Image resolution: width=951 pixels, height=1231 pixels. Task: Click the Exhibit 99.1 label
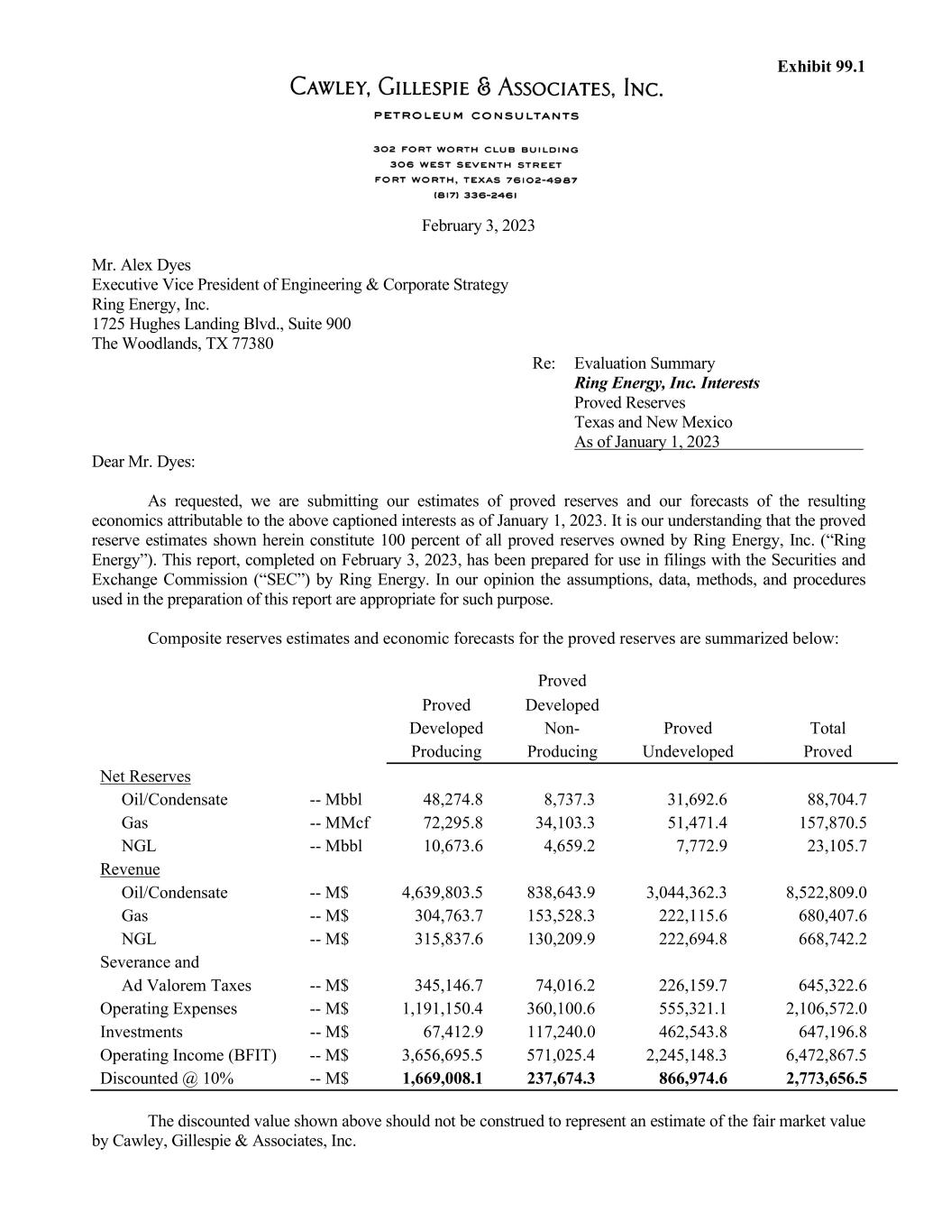coord(820,67)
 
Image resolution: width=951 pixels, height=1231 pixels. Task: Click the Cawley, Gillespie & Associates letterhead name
coord(476,88)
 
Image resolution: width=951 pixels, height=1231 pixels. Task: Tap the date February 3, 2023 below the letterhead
coord(478,225)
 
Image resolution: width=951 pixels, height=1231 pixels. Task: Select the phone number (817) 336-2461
coord(476,194)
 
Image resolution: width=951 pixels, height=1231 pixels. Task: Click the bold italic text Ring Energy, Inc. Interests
coord(666,383)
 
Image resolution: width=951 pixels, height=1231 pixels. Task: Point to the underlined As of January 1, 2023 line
coord(646,442)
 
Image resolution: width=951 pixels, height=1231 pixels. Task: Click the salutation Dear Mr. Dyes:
coord(143,462)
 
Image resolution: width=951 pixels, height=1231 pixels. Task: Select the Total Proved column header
coord(828,740)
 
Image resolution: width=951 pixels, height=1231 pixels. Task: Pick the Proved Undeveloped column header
coord(687,740)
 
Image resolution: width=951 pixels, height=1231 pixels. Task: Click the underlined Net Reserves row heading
coord(145,776)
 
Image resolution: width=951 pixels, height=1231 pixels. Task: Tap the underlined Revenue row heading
coord(130,869)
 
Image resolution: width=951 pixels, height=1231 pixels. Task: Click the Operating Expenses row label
coord(168,1008)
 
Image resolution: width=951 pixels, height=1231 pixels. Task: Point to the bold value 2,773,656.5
coord(826,1079)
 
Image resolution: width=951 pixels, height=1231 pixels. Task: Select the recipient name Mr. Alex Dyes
coord(142,265)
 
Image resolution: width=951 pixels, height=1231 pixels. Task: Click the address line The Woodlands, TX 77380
coord(182,344)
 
